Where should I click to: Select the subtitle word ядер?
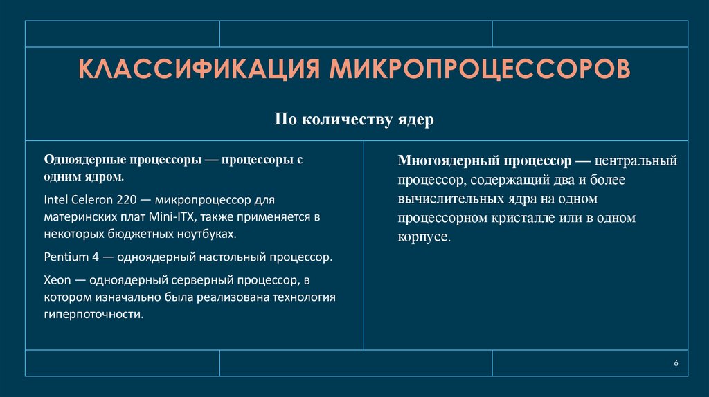(417, 120)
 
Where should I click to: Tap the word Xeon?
(56, 280)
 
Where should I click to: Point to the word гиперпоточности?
(93, 313)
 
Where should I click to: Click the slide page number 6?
(676, 364)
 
